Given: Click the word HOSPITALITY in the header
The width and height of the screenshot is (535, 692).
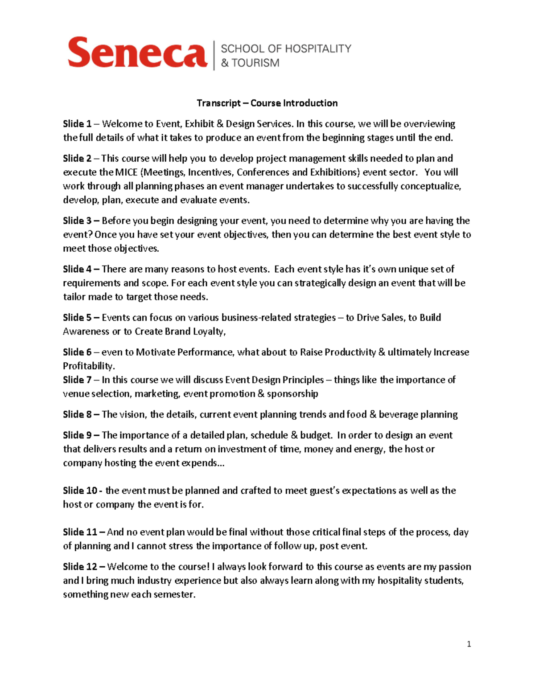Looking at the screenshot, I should point(318,49).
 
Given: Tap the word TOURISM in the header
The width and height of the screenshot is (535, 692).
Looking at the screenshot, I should point(255,63).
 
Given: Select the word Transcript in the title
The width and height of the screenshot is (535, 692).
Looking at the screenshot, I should point(218,103).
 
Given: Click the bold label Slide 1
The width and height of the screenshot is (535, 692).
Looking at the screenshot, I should point(77,124).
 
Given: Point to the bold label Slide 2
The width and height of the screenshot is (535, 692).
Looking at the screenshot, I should point(77,159).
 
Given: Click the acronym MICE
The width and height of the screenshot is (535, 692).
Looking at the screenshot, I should point(126,172).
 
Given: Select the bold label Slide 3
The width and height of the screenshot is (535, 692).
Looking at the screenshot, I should point(77,221).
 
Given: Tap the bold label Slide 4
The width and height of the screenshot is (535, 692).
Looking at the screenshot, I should point(77,269).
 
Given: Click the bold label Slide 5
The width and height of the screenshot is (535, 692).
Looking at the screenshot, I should point(77,318).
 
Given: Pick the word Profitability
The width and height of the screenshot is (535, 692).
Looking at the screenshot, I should point(89,366).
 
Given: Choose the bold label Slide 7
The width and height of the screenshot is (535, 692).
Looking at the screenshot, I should point(77,380).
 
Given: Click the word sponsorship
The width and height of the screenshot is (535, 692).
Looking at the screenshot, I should point(292,394).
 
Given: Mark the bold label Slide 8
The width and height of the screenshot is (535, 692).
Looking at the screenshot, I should point(77,414).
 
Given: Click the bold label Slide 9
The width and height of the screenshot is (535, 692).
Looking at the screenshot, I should point(77,435).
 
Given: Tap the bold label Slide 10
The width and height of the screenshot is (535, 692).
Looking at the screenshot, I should point(80,491).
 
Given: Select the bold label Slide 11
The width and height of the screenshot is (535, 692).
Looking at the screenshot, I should point(80,532).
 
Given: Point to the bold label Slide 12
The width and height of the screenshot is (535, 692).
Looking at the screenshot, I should point(80,567).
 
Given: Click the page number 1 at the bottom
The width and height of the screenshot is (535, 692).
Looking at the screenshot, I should point(469,644).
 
